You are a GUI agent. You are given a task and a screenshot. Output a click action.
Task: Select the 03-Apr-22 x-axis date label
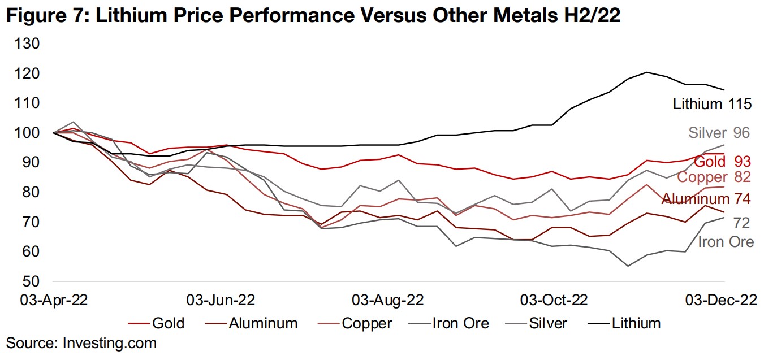click(x=54, y=300)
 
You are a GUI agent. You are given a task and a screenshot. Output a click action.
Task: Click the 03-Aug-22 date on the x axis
click(x=387, y=300)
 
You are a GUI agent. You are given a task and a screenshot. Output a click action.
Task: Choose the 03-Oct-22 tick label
click(x=554, y=300)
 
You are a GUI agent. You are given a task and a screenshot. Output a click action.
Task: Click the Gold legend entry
click(x=168, y=323)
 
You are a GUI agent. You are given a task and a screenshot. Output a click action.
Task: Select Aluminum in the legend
click(x=263, y=323)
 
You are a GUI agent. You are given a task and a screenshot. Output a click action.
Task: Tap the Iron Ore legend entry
click(x=460, y=323)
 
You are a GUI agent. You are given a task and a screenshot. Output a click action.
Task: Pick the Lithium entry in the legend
click(x=636, y=323)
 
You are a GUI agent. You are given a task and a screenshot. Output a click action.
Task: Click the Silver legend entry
click(x=547, y=323)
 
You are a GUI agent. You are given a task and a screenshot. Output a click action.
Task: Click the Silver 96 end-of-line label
click(x=719, y=133)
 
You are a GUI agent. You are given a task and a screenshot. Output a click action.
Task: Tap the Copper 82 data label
click(x=714, y=177)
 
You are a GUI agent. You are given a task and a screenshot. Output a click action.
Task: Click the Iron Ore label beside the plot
click(x=726, y=242)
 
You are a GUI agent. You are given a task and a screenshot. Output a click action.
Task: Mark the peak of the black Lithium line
click(x=646, y=72)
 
